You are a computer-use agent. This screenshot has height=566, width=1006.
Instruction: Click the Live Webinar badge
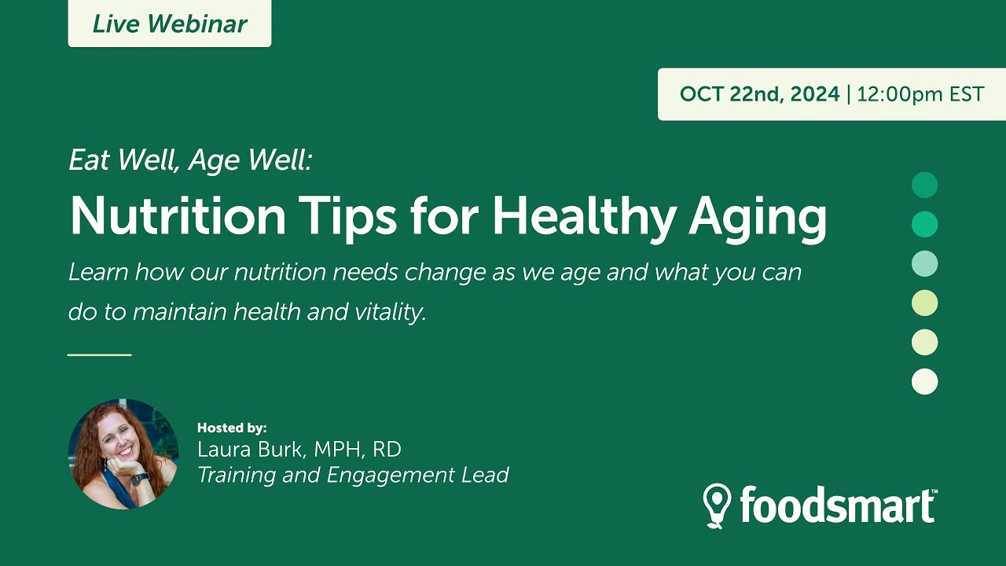click(169, 24)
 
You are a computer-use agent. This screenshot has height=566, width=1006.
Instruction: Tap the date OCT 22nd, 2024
click(759, 94)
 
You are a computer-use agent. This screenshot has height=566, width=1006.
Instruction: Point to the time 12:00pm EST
click(920, 94)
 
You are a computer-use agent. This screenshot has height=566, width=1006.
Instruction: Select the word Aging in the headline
click(757, 216)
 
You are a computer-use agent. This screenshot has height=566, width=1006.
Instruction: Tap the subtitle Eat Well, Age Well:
click(191, 160)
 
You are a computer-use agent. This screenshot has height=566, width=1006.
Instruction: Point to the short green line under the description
click(99, 355)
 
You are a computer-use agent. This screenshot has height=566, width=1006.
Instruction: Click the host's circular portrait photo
click(123, 454)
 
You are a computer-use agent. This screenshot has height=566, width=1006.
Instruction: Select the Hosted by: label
click(232, 428)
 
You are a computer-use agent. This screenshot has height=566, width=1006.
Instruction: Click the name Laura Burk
click(251, 450)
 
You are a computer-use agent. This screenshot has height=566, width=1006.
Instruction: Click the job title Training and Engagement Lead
click(353, 476)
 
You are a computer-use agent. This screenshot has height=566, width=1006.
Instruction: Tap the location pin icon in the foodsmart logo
click(717, 504)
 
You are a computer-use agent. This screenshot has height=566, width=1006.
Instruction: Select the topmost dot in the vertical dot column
click(924, 186)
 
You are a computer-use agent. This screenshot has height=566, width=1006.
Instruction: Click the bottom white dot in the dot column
click(924, 382)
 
